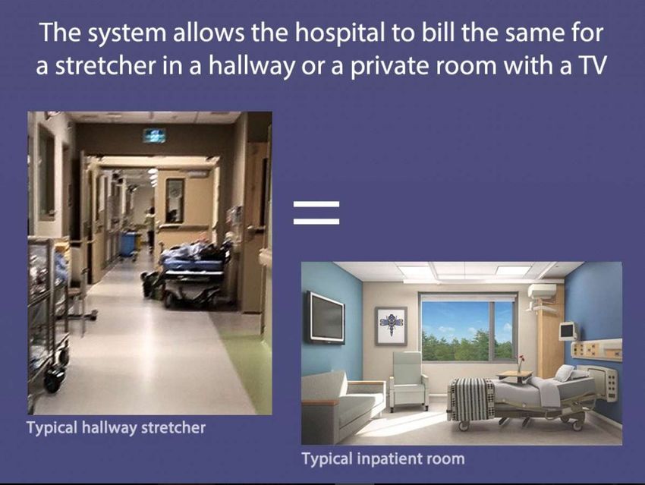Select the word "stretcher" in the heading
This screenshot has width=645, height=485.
105,66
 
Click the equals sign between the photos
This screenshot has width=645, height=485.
316,213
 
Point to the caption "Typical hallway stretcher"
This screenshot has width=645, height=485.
116,428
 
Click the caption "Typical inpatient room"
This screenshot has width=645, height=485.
383,458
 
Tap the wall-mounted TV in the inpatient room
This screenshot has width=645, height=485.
325,317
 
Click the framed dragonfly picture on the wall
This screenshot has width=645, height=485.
391,326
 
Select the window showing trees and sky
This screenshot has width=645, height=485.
467,326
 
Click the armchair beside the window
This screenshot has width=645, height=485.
407,380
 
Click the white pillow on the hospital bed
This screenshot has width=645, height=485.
565,373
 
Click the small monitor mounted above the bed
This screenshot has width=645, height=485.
568,331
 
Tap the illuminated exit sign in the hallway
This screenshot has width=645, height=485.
155,135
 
